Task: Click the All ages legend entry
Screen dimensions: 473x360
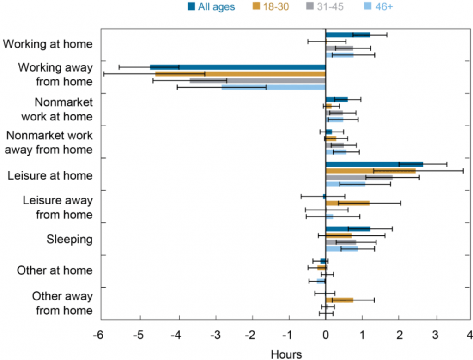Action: [x=211, y=6]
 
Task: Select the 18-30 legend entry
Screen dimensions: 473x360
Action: [x=271, y=6]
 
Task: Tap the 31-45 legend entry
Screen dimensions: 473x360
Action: [x=325, y=6]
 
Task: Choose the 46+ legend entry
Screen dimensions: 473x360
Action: [x=379, y=6]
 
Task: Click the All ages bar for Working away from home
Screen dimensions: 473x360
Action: [x=238, y=67]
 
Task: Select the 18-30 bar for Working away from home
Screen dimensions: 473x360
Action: [x=240, y=74]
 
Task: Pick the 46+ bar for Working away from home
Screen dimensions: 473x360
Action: [x=273, y=87]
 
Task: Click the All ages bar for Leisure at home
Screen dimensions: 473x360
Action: [x=374, y=164]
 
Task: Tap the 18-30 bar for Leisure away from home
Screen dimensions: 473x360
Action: [x=347, y=203]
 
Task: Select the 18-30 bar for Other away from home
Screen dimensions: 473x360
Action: [x=340, y=300]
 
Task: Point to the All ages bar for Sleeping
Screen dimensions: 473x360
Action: [x=348, y=229]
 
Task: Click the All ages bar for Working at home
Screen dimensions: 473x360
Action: [x=348, y=35]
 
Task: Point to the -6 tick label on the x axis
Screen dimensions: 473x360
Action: [x=98, y=335]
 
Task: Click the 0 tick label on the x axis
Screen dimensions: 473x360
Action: [x=326, y=335]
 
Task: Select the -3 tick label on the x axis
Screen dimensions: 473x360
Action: [x=215, y=335]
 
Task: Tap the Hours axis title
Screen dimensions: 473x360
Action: [x=286, y=354]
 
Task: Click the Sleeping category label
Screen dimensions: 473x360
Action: [x=69, y=240]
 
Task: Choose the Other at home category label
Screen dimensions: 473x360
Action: [x=55, y=270]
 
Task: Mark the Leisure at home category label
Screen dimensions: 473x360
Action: [x=50, y=175]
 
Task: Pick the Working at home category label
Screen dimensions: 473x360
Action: [x=48, y=44]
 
